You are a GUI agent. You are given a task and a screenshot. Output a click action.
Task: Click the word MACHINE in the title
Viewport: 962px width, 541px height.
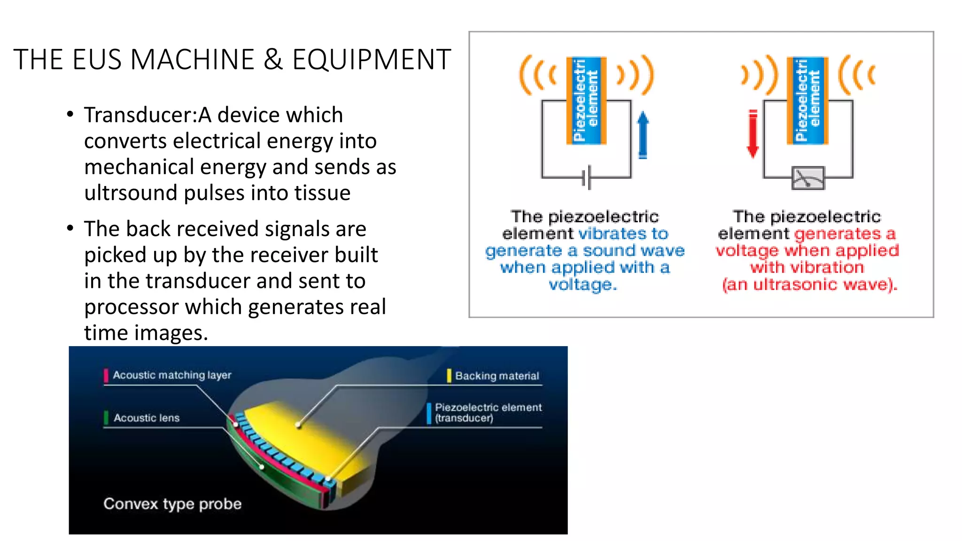pos(193,60)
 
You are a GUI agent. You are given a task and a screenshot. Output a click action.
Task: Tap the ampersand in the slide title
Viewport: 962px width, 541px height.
pos(273,60)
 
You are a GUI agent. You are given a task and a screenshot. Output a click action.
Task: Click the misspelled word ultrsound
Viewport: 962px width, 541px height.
pos(131,193)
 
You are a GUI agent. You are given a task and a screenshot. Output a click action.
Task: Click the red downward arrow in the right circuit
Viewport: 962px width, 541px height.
pos(753,134)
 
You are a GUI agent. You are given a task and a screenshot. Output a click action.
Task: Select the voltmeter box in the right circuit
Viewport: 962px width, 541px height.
pos(807,178)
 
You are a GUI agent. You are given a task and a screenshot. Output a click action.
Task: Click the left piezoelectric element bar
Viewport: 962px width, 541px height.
pos(586,100)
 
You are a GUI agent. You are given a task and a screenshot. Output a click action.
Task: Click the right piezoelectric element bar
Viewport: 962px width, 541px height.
pos(807,100)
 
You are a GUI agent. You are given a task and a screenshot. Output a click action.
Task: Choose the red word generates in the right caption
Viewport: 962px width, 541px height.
pos(838,234)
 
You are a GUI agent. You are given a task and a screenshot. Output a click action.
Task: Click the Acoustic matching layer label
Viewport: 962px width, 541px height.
pos(172,375)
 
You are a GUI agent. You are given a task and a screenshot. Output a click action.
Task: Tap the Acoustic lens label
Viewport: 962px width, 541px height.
pos(147,418)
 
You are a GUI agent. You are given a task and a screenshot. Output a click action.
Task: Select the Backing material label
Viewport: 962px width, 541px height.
pos(497,376)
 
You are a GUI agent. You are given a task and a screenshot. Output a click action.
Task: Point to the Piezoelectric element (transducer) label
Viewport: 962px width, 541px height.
pos(488,413)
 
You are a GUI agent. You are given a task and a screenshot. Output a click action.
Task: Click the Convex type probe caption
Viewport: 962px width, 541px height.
pos(172,504)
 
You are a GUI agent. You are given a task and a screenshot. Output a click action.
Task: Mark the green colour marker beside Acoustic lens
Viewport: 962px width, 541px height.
pos(106,417)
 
